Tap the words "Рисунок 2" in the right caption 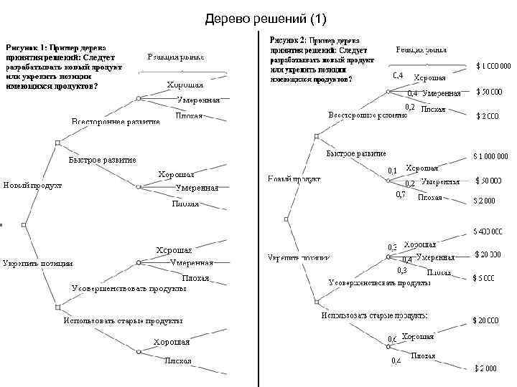tap(291, 42)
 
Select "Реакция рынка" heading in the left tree tap(176, 56)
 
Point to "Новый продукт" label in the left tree tap(32, 186)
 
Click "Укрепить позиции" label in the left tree tap(37, 262)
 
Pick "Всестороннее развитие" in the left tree tap(115, 123)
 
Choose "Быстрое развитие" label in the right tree tap(356, 153)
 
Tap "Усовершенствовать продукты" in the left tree tap(129, 289)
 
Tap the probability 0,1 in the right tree tap(392, 171)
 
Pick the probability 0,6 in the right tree tap(392, 338)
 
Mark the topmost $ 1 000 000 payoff tap(493, 67)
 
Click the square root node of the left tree tap(24, 225)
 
